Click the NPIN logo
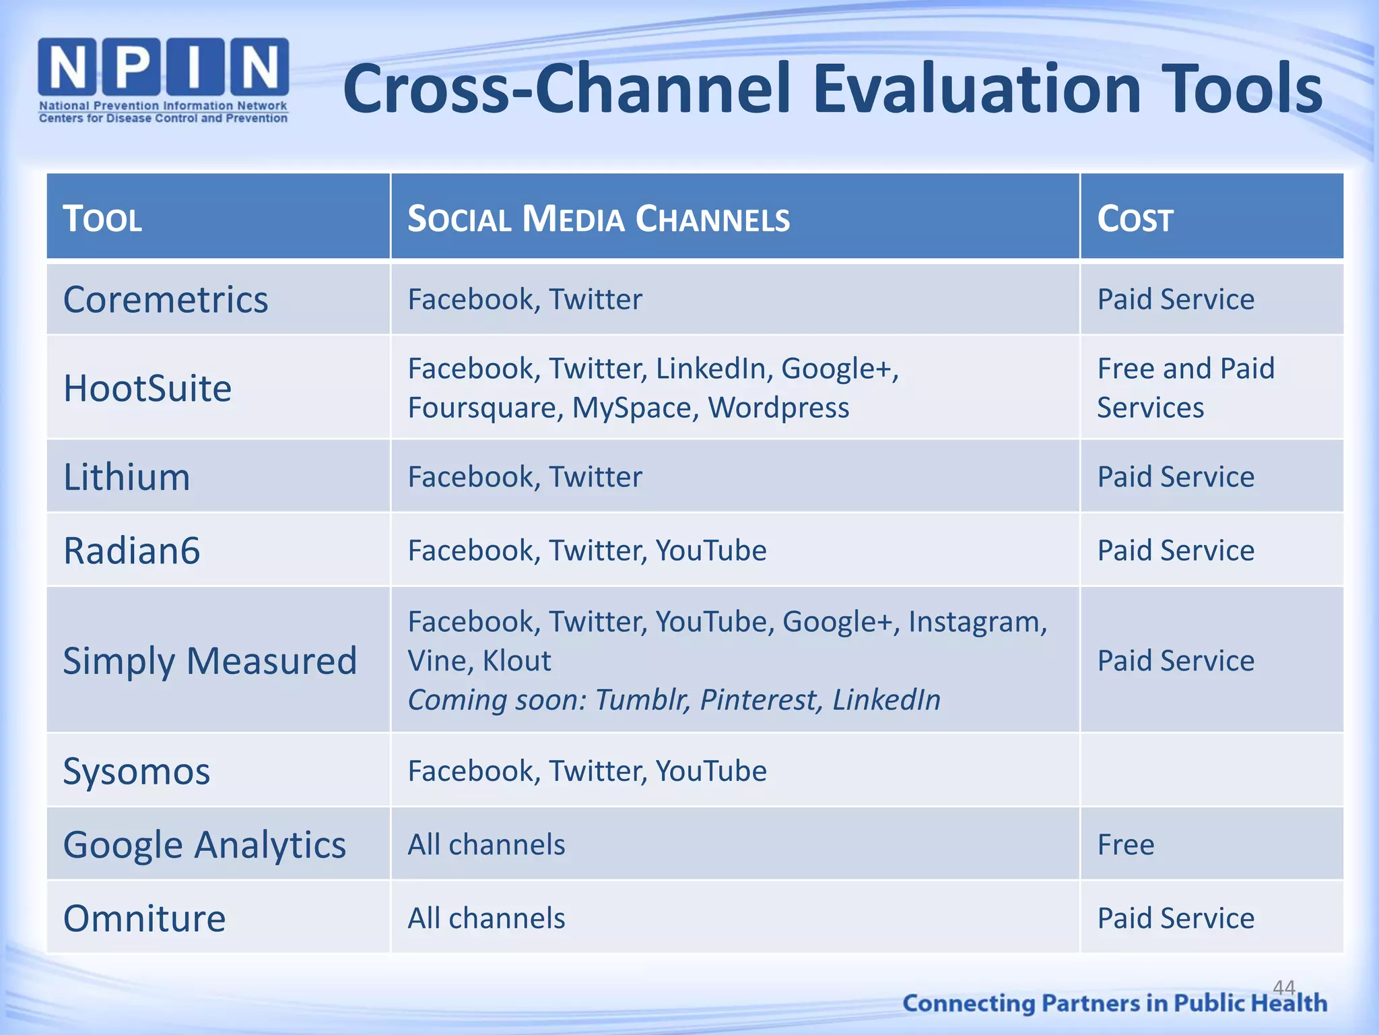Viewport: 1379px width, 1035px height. coord(164,80)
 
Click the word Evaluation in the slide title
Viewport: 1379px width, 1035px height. coord(977,89)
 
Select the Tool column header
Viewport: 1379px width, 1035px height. coord(102,219)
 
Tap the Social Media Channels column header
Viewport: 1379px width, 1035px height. coord(598,219)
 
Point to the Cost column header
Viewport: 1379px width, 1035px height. coord(1135,219)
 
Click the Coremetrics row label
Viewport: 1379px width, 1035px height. coord(166,299)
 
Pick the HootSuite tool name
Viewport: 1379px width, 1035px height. coord(147,388)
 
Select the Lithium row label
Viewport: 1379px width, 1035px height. coord(127,477)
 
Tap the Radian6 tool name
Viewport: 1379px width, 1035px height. coord(132,551)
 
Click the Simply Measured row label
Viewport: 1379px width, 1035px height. coord(209,660)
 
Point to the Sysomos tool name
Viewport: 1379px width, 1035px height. coord(137,771)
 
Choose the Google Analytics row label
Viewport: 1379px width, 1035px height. coord(204,844)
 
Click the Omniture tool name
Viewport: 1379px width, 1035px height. coord(144,918)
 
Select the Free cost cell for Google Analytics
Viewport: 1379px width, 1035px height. coord(1126,844)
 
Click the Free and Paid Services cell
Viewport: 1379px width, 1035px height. coord(1185,388)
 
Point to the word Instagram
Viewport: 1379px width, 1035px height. coord(977,621)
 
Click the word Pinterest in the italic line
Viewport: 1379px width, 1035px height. coord(761,699)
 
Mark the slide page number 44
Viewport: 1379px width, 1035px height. coord(1283,987)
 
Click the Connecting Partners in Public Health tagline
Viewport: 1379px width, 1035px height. coord(1114,1003)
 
